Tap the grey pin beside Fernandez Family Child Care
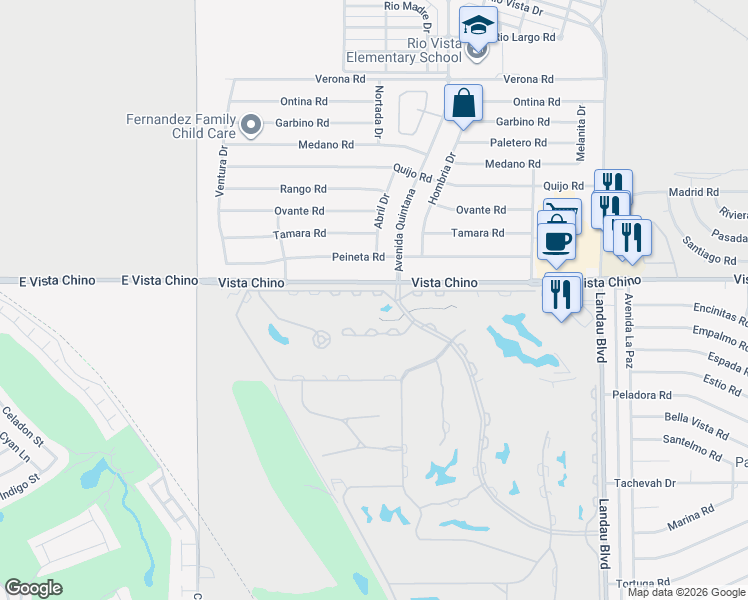(251, 126)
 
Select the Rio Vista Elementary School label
(404, 50)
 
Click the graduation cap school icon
(478, 26)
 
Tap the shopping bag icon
(463, 103)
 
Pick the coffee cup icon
(557, 241)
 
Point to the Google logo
(33, 589)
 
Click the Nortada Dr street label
(378, 112)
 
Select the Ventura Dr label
(222, 170)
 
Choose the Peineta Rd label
(358, 257)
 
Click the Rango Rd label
(303, 188)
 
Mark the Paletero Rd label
(517, 143)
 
